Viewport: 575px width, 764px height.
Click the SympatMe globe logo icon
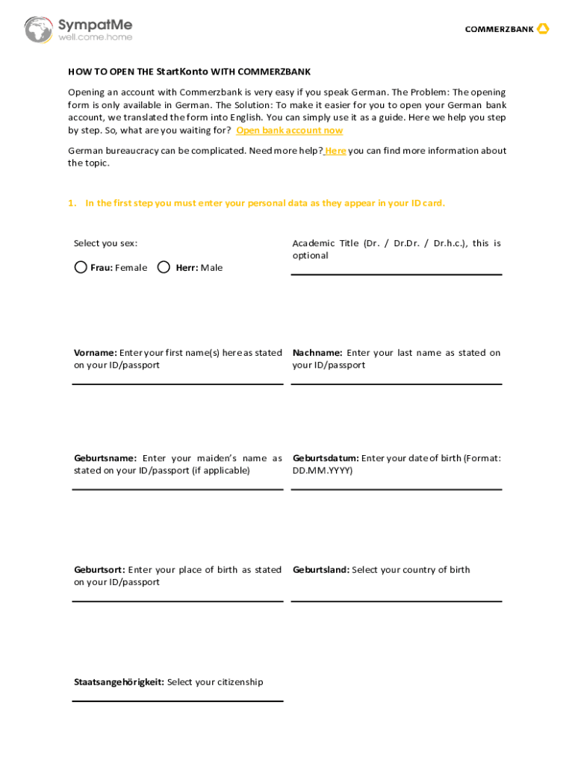tap(38, 30)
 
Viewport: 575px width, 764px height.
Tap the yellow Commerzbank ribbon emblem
tap(543, 29)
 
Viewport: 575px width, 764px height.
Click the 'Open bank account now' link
tap(289, 131)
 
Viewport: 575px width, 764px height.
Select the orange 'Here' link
tap(335, 151)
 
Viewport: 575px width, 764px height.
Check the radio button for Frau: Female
tap(81, 267)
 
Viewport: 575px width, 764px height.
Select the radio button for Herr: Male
tap(164, 267)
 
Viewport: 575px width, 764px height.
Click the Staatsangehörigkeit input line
tap(178, 700)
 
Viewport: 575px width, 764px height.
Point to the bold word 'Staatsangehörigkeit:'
tap(119, 682)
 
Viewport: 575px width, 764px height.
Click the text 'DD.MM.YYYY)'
tap(323, 471)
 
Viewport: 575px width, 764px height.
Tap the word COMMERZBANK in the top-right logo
tap(499, 30)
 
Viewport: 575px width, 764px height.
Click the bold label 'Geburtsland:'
tap(321, 570)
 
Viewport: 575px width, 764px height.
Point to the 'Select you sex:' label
tap(105, 243)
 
